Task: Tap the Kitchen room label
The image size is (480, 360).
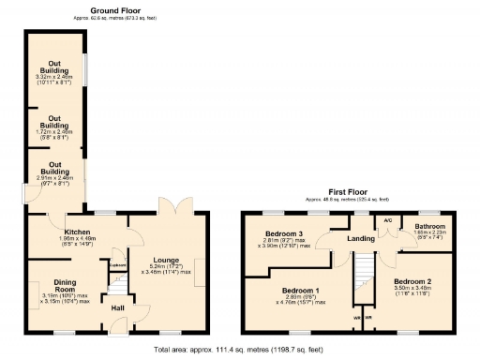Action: pos(76,231)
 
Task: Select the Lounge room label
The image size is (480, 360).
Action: pos(165,259)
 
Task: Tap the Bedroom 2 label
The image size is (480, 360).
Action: pos(412,281)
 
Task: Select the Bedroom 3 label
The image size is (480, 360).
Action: pos(282,233)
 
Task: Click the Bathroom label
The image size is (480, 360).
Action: pos(430,227)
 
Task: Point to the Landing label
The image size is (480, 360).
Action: pos(360,238)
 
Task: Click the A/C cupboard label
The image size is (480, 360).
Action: pos(387,220)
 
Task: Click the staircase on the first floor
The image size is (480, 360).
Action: pos(362,281)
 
